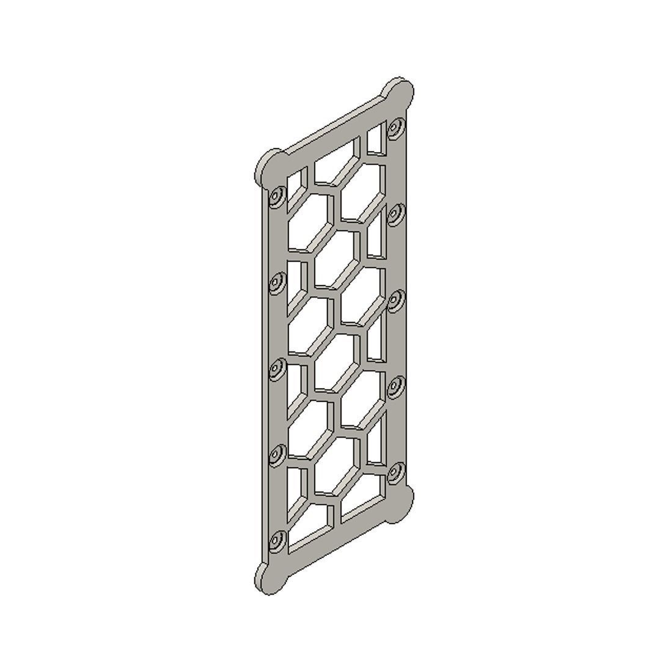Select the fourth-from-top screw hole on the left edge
point(277,455)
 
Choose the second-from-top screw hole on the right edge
point(396,215)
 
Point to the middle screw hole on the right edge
point(396,300)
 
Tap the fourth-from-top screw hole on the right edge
point(396,386)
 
